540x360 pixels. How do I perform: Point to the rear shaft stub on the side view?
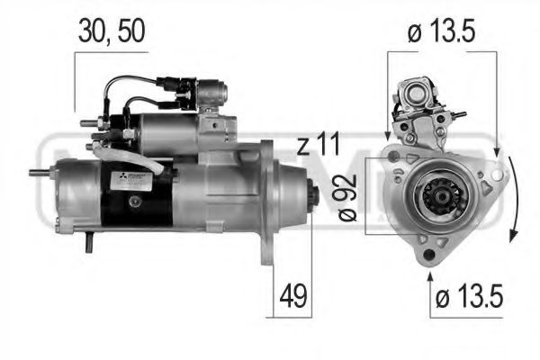coord(40,173)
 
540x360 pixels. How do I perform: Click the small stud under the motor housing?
coord(90,241)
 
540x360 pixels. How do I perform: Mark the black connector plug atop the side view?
coord(175,87)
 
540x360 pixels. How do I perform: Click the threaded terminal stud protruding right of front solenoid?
coord(458,114)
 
